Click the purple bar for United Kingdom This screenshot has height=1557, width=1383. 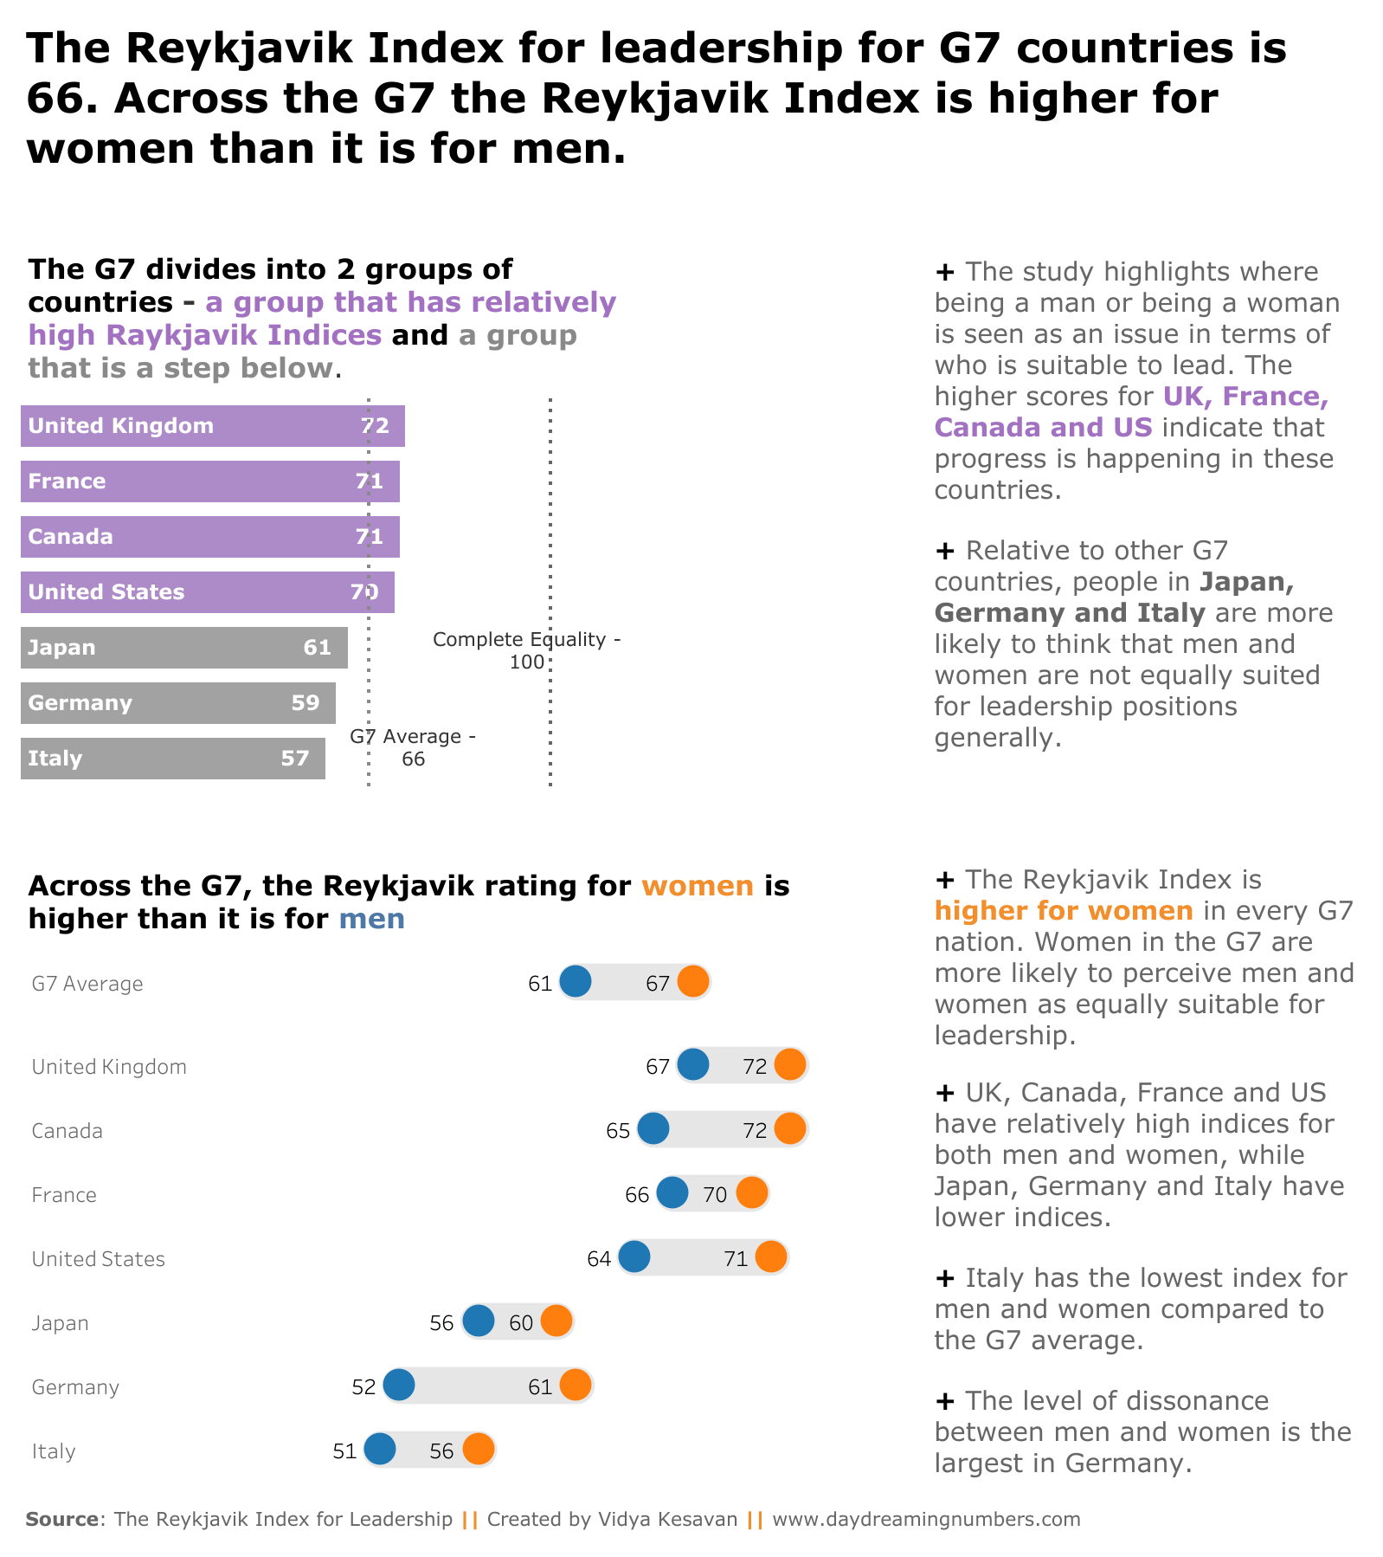point(212,426)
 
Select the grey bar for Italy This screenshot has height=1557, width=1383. point(173,759)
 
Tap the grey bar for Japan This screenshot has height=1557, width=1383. point(183,648)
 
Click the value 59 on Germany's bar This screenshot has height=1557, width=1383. point(306,703)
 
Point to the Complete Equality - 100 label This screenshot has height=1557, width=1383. point(526,651)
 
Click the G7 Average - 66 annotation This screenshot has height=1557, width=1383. point(413,748)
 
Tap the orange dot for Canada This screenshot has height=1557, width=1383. point(790,1129)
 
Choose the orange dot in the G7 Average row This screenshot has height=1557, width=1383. point(693,982)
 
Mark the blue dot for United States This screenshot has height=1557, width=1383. point(634,1257)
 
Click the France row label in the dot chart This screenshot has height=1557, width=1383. point(64,1196)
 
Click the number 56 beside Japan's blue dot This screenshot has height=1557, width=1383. point(441,1323)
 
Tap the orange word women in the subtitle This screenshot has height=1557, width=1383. point(698,886)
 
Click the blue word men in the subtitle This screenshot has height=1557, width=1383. point(371,919)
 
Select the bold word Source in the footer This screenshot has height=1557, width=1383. point(62,1519)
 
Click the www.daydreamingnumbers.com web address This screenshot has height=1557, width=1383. point(926,1519)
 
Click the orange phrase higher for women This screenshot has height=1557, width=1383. point(1064,911)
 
